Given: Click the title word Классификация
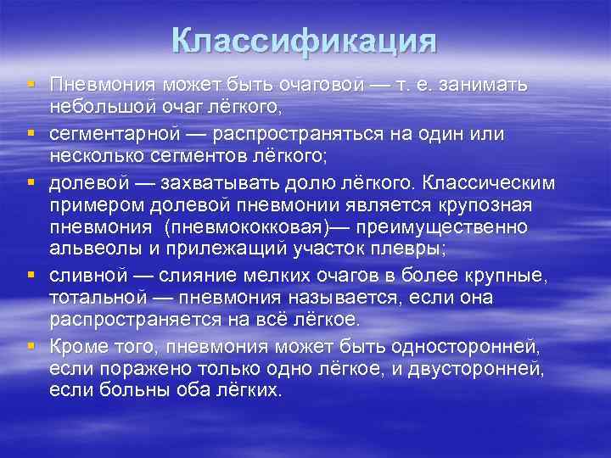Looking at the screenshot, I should coord(304,41).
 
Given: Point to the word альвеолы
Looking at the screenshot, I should coord(88,249).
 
